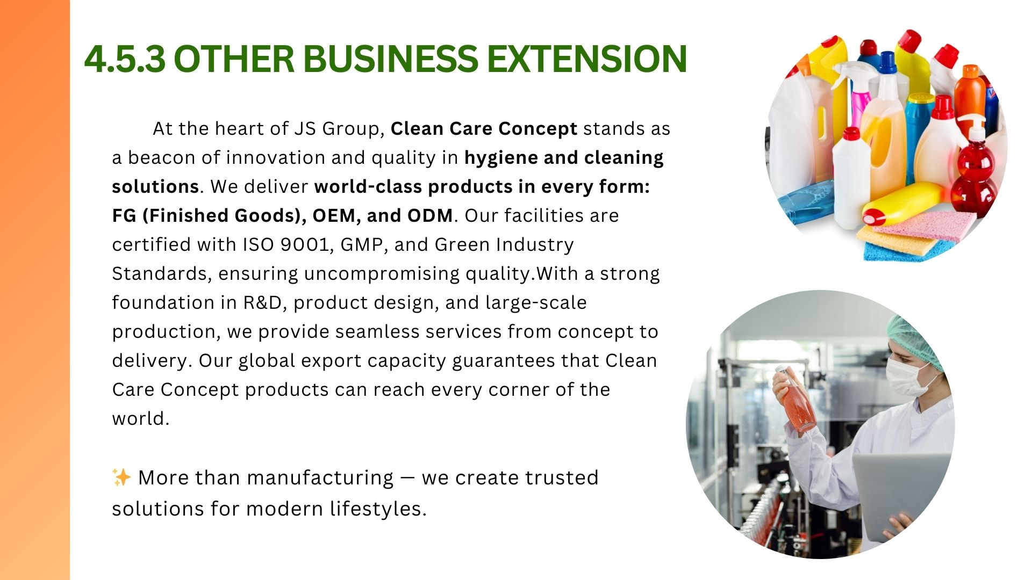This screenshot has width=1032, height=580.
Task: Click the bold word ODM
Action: (430, 215)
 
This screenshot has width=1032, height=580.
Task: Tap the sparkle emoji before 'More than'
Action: (121, 477)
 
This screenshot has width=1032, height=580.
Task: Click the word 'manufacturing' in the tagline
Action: (320, 478)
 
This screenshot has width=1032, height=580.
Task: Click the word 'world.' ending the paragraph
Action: (141, 418)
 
